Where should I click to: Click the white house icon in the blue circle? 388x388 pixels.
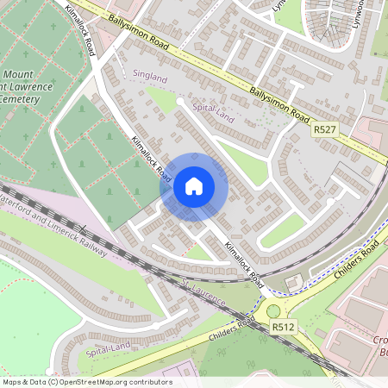(194, 185)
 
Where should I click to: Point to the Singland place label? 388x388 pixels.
(149, 75)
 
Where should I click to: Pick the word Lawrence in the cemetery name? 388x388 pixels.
(34, 86)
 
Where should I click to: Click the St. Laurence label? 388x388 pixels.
(203, 292)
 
